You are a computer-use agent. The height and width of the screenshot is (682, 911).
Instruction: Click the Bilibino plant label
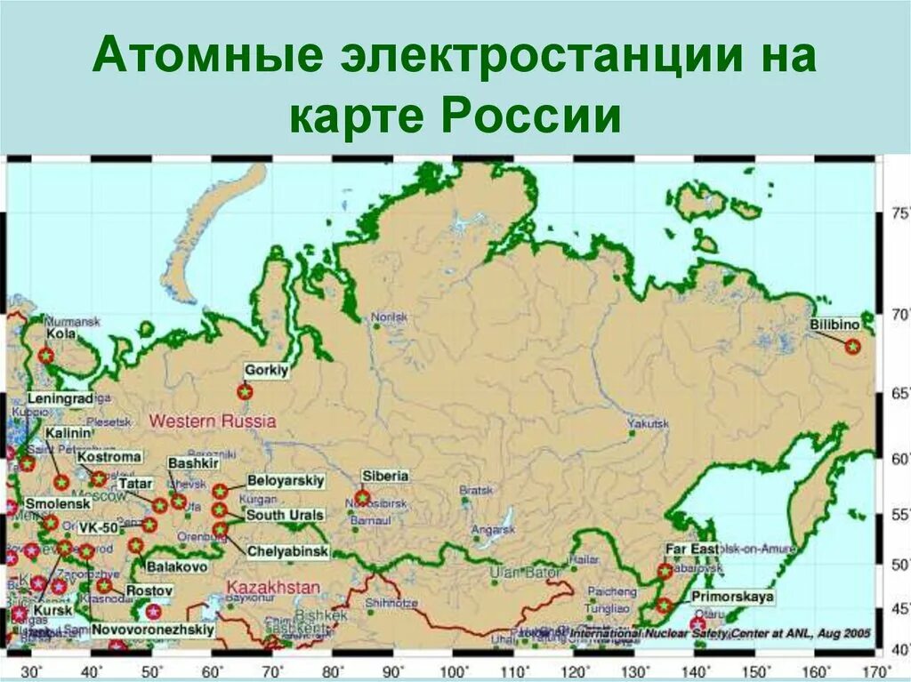[x=834, y=325]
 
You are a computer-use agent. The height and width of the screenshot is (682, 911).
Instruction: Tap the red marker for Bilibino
[x=852, y=346]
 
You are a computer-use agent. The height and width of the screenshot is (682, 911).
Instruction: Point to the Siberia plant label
[x=384, y=476]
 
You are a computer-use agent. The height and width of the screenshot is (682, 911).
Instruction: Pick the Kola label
[x=60, y=334]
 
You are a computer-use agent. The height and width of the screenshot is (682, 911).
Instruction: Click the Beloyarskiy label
[x=285, y=481]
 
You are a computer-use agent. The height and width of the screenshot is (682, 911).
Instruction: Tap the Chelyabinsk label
[x=287, y=551]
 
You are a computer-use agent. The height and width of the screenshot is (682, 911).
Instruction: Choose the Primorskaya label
[x=732, y=597]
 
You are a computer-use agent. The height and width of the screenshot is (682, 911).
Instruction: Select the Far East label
[x=691, y=550]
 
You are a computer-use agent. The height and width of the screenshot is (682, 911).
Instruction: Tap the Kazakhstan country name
[x=273, y=587]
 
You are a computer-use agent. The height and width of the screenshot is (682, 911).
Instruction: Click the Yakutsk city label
[x=647, y=423]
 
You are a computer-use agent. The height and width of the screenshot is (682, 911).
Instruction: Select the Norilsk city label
[x=389, y=317]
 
